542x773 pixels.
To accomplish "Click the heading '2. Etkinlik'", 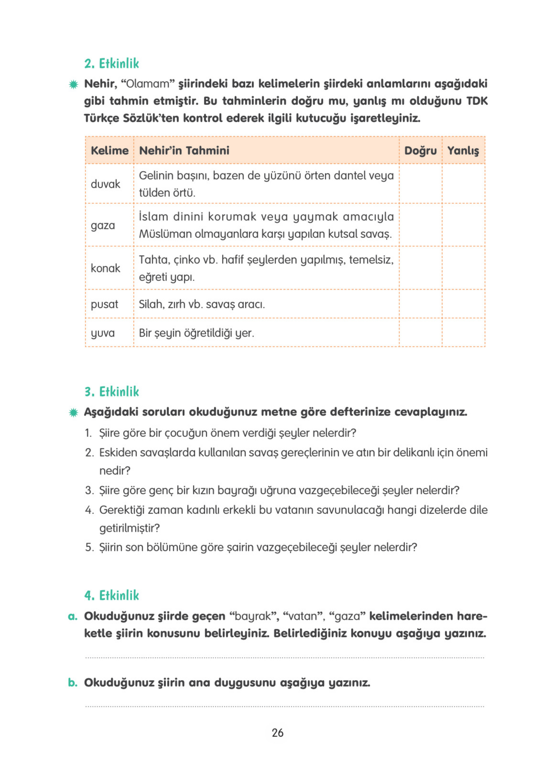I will pyautogui.click(x=111, y=63).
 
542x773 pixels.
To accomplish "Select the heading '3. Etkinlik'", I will pyautogui.click(x=111, y=392).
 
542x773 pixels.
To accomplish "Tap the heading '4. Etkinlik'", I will pyautogui.click(x=111, y=595).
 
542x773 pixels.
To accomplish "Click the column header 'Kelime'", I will pyautogui.click(x=110, y=151).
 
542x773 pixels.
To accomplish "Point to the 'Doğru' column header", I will pyautogui.click(x=420, y=151).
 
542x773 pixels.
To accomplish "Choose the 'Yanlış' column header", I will pyautogui.click(x=463, y=151).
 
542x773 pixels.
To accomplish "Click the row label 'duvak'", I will pyautogui.click(x=105, y=184).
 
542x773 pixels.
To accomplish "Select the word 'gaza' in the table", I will pyautogui.click(x=103, y=225).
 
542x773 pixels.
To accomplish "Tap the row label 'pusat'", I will pyautogui.click(x=104, y=304).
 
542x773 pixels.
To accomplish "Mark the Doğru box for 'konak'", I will pyautogui.click(x=420, y=268).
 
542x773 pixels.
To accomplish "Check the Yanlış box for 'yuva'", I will pyautogui.click(x=463, y=333).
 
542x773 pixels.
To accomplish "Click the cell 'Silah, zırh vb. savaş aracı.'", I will pyautogui.click(x=202, y=304).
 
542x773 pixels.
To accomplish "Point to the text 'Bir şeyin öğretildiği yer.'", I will pyautogui.click(x=197, y=333).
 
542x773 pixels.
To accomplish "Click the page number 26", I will pyautogui.click(x=278, y=733).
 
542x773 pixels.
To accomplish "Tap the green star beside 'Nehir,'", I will pyautogui.click(x=73, y=84).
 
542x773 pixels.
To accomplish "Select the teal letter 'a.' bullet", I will pyautogui.click(x=72, y=617).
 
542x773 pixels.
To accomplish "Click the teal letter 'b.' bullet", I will pyautogui.click(x=72, y=683).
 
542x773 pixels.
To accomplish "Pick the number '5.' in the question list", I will pyautogui.click(x=89, y=547).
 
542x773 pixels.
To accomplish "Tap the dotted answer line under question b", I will pyautogui.click(x=284, y=706).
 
